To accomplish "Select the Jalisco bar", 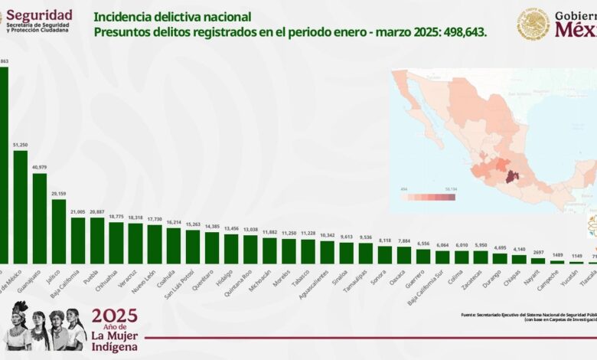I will pyautogui.click(x=58, y=231).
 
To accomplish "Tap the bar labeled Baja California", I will pyautogui.click(x=77, y=241).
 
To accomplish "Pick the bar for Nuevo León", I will pyautogui.click(x=154, y=244).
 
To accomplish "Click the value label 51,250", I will pyautogui.click(x=21, y=144).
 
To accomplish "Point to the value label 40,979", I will pyautogui.click(x=39, y=167).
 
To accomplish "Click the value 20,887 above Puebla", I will pyautogui.click(x=96, y=211).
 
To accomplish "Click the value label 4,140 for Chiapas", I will pyautogui.click(x=519, y=249).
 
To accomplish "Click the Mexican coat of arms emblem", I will pyautogui.click(x=533, y=24).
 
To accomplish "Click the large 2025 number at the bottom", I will pyautogui.click(x=114, y=316).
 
